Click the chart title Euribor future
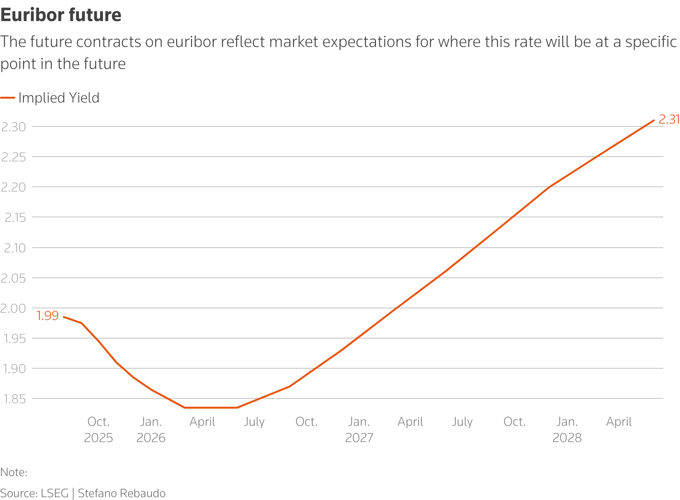click(61, 15)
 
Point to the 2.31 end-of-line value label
click(669, 119)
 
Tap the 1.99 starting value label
click(47, 316)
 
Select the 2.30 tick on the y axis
click(13, 127)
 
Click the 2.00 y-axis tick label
click(13, 308)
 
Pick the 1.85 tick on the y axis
click(14, 398)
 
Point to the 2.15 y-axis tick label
click(15, 217)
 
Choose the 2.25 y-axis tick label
click(13, 157)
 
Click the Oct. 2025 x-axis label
click(99, 430)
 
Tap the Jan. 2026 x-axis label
click(151, 430)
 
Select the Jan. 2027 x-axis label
click(359, 430)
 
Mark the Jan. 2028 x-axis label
click(567, 430)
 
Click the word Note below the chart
click(13, 472)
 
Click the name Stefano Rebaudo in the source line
click(122, 493)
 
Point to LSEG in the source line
click(54, 493)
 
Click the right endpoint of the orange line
click(654, 120)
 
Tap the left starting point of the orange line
click(64, 317)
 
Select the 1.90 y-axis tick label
click(14, 368)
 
